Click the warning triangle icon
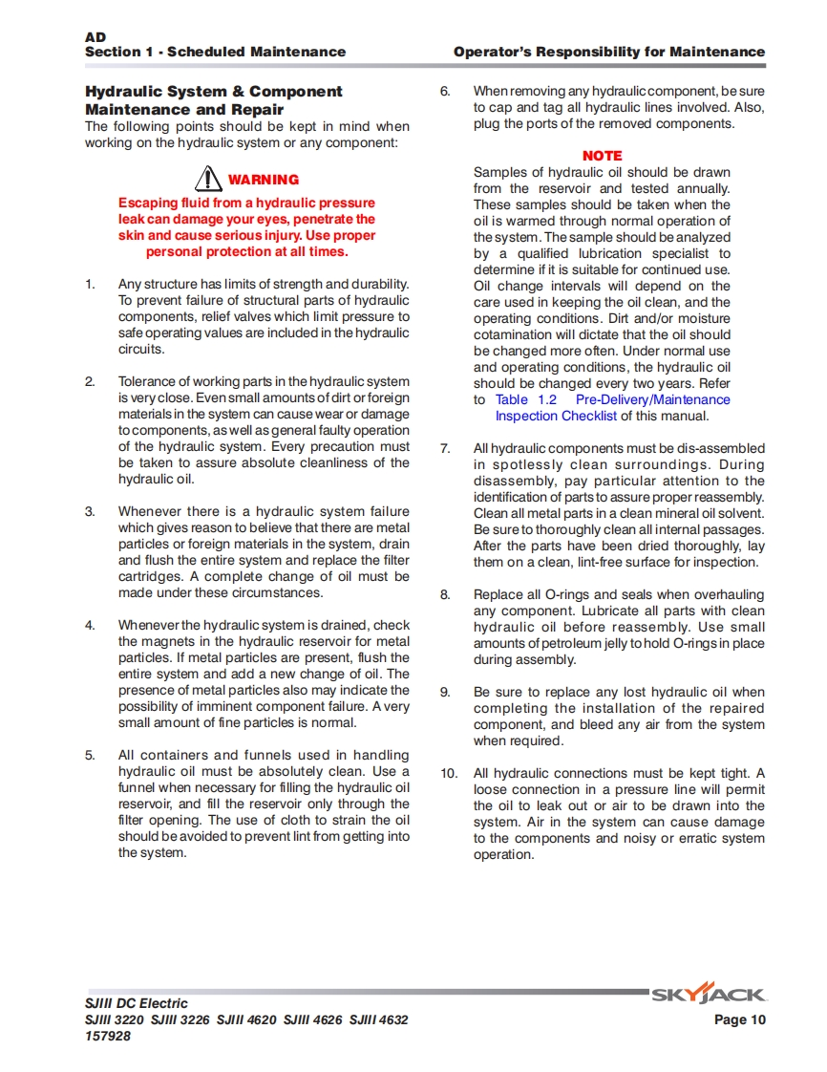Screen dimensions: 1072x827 [x=207, y=178]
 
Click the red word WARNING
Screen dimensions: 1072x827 [x=264, y=180]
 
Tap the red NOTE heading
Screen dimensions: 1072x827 [x=602, y=156]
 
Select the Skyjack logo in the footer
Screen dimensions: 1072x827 [x=708, y=996]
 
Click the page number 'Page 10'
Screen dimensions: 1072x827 [x=740, y=1019]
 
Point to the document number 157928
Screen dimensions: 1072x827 [x=108, y=1036]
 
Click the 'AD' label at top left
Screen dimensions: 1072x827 [x=95, y=37]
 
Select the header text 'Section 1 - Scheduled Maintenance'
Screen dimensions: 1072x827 [x=215, y=52]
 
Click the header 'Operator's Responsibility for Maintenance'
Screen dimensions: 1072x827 [x=609, y=52]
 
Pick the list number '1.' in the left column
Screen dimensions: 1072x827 [x=91, y=284]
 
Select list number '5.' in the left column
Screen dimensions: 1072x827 [x=91, y=755]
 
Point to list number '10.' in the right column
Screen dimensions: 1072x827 [x=450, y=773]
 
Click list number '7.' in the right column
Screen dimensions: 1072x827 [x=445, y=448]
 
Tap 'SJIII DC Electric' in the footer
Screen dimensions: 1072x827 [x=137, y=1003]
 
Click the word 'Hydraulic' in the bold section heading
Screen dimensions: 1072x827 [x=122, y=92]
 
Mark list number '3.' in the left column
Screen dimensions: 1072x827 [x=91, y=511]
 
